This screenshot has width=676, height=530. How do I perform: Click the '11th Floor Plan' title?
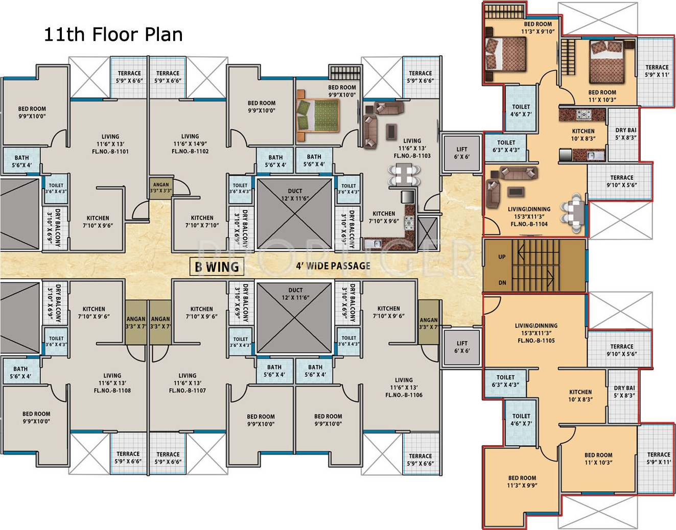click(113, 34)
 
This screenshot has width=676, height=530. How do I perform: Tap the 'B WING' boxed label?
click(217, 267)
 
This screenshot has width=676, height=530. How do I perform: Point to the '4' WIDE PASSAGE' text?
click(333, 266)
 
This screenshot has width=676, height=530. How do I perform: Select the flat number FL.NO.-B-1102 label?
click(190, 151)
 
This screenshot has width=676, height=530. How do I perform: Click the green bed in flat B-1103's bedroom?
click(318, 115)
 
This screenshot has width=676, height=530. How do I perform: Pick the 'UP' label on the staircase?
click(502, 257)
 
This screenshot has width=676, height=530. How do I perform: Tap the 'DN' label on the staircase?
click(502, 282)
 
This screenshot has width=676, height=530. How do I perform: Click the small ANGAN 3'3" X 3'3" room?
click(161, 187)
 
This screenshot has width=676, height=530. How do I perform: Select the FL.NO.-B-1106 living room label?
click(404, 395)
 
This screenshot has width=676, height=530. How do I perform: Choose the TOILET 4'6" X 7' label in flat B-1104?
click(521, 110)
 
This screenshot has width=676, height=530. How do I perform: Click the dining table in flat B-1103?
click(404, 175)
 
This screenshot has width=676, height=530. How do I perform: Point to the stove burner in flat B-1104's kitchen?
click(584, 114)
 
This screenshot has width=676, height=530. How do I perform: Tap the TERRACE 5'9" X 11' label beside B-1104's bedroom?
click(657, 71)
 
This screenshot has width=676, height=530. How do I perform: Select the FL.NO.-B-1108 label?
click(112, 391)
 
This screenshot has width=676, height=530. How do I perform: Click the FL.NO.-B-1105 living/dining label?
click(536, 341)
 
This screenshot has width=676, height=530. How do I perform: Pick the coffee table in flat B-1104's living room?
click(516, 191)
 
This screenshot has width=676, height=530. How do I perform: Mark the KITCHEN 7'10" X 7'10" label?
click(202, 221)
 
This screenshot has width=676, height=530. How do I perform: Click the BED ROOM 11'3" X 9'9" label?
click(522, 481)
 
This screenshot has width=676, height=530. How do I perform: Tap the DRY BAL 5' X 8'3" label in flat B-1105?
click(624, 392)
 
